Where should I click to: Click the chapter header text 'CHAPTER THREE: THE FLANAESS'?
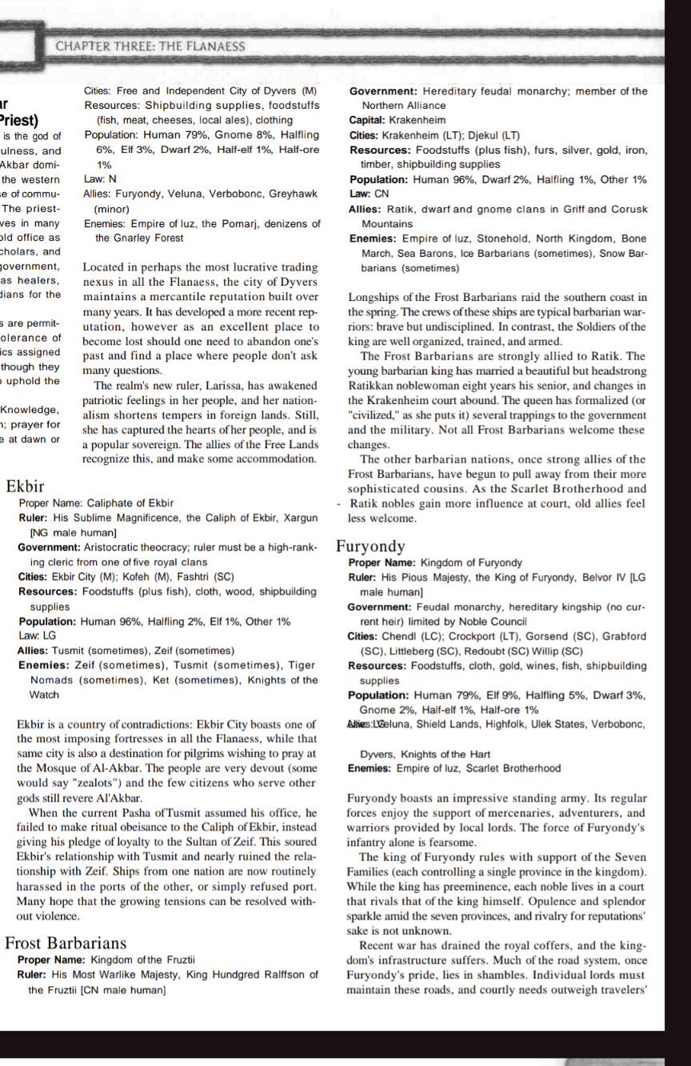coord(150,46)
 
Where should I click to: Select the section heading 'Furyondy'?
coord(370,547)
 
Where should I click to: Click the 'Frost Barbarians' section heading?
coord(66,943)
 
